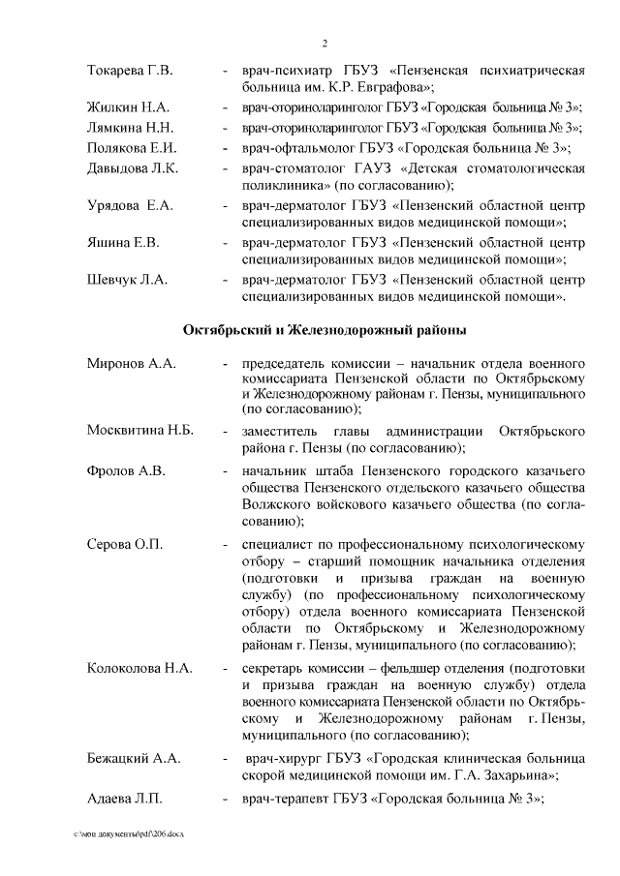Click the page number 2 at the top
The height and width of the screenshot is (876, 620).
point(325,43)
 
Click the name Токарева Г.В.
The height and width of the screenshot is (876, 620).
point(130,72)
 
